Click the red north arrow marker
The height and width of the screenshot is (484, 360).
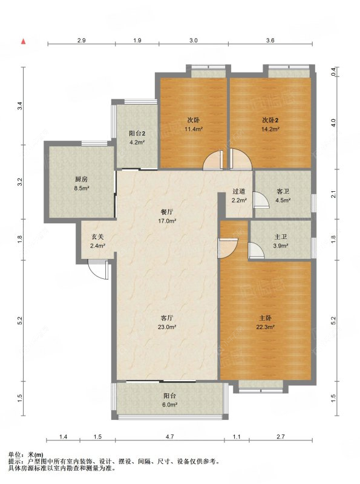click(23, 42)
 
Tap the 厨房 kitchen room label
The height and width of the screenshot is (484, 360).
click(81, 179)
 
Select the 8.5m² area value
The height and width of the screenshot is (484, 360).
click(82, 188)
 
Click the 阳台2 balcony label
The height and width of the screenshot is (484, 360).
click(137, 134)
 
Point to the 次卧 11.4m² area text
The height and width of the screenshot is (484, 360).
click(194, 129)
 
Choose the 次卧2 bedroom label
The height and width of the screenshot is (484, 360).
click(270, 120)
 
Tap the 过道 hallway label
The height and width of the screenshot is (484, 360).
click(239, 191)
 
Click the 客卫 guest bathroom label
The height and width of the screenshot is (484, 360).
click(283, 191)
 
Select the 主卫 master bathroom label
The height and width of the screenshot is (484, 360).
click(281, 237)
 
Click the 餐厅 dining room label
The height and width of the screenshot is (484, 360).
click(167, 212)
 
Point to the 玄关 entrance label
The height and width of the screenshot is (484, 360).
click(97, 237)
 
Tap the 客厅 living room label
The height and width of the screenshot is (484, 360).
click(167, 318)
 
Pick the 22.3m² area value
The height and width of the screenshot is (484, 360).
click(266, 327)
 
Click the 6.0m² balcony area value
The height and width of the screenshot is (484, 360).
click(169, 405)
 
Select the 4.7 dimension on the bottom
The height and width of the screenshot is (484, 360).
click(170, 437)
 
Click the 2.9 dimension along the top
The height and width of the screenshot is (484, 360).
click(82, 40)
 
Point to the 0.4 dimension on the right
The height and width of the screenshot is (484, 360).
click(333, 71)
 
